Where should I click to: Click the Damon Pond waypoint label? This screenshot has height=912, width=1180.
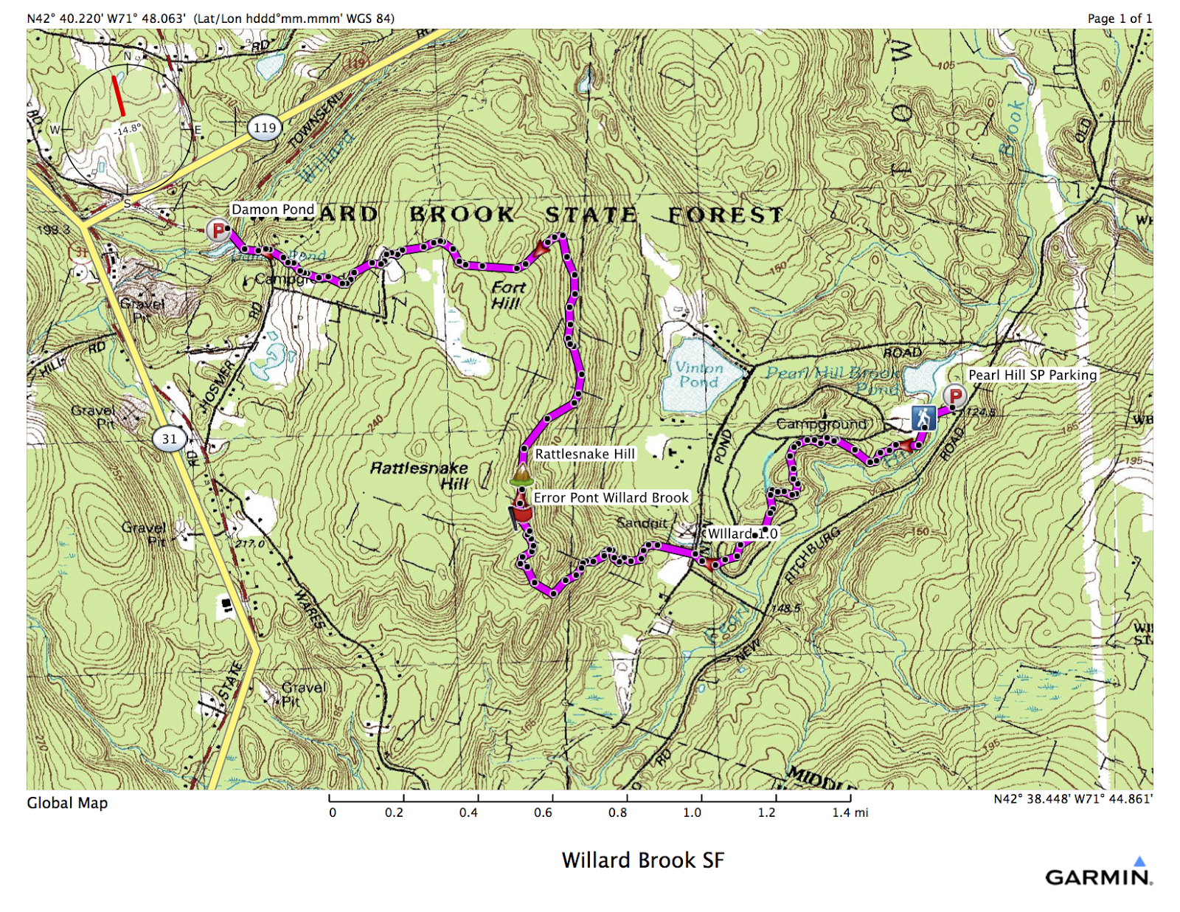[x=273, y=210]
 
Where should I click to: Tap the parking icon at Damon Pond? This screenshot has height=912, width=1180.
[x=218, y=230]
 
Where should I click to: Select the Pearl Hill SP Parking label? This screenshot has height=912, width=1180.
[x=1032, y=375]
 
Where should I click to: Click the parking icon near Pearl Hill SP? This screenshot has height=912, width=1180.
[x=955, y=395]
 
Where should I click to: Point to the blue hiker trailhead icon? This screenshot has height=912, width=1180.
[x=923, y=418]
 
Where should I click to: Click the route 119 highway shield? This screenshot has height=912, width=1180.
[x=265, y=128]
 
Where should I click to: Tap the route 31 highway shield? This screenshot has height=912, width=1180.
[x=170, y=439]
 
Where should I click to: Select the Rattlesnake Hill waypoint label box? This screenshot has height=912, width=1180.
[x=584, y=454]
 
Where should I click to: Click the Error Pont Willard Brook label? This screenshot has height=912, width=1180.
[x=611, y=498]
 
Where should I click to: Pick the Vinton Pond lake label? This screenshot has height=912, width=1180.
[x=698, y=375]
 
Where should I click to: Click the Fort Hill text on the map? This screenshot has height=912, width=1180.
[x=507, y=295]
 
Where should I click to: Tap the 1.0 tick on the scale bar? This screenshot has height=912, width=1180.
[x=701, y=798]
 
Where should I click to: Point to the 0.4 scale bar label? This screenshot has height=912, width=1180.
[x=468, y=812]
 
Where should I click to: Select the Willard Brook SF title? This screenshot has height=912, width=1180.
[x=642, y=860]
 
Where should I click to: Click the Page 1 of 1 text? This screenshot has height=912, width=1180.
[x=1119, y=18]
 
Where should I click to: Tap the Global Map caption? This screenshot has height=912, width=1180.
[x=67, y=803]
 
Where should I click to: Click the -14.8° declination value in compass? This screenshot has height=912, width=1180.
[x=128, y=130]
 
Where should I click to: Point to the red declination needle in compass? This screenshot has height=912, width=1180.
[x=118, y=94]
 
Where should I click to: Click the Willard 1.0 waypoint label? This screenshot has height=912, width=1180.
[x=742, y=533]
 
